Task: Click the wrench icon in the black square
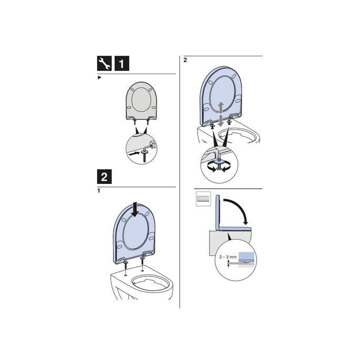click(x=105, y=64)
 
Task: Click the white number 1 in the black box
click(x=120, y=64)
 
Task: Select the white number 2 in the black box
click(x=105, y=176)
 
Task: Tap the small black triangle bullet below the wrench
click(x=99, y=78)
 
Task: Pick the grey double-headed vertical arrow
click(x=221, y=112)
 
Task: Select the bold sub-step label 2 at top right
click(x=185, y=60)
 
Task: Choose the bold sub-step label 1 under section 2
click(x=99, y=191)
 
